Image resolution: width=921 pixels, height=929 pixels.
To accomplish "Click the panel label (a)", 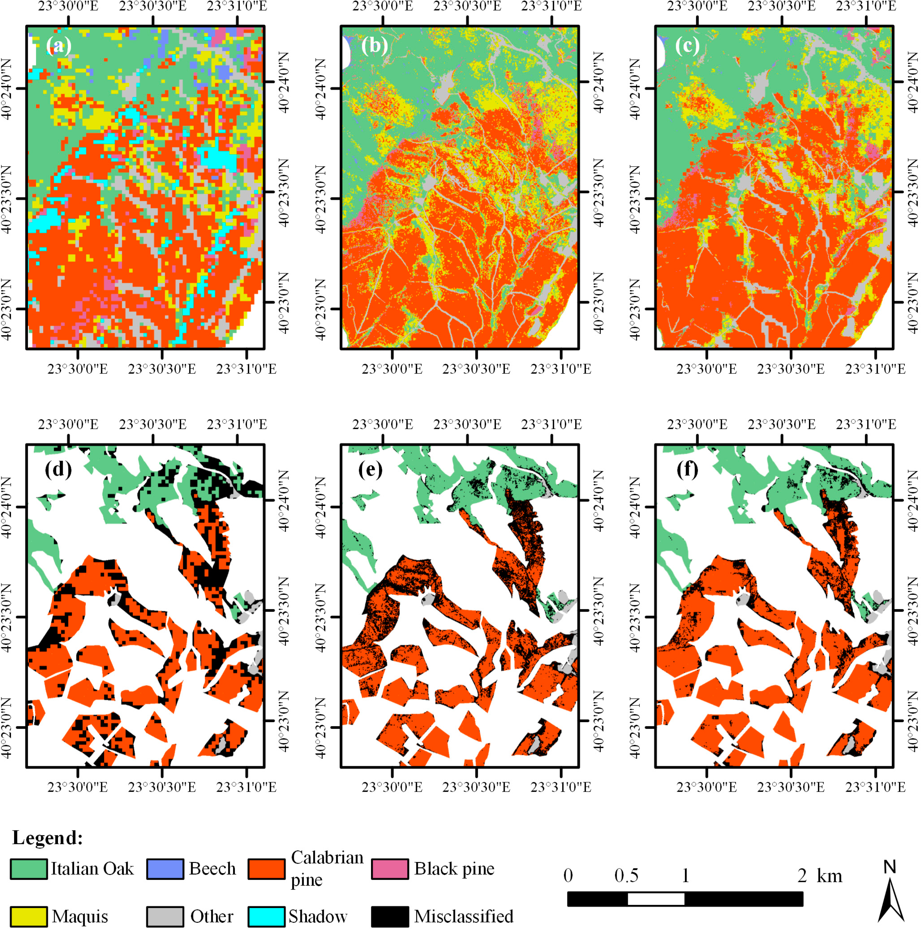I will tap(59, 46).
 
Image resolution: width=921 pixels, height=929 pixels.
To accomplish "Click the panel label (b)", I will tap(374, 46).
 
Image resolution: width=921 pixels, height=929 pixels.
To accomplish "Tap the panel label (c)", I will tap(687, 46).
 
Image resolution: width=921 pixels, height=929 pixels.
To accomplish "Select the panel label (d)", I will tap(58, 468).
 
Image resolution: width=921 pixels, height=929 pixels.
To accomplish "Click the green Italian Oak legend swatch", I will tap(29, 869).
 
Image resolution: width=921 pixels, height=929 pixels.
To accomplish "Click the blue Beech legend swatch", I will tap(165, 869).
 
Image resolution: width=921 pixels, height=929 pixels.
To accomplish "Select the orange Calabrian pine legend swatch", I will tap(266, 869).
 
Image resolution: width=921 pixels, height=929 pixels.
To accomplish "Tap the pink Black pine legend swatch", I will tap(390, 869).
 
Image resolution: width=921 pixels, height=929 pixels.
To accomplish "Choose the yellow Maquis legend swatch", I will tap(29, 916).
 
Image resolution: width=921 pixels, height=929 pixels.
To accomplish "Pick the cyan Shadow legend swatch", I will tap(266, 916).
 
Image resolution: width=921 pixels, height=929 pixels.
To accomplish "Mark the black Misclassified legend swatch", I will tap(390, 916).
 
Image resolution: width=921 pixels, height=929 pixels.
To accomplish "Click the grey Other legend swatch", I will tap(165, 916).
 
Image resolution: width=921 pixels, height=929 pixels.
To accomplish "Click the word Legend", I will tap(47, 838).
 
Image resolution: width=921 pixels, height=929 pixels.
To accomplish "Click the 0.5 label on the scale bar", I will tap(626, 876).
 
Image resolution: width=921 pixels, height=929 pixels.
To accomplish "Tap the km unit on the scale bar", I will tap(830, 876).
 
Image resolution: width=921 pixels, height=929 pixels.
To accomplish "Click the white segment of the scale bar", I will tap(656, 899).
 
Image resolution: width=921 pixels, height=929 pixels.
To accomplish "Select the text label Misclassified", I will tap(464, 916).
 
